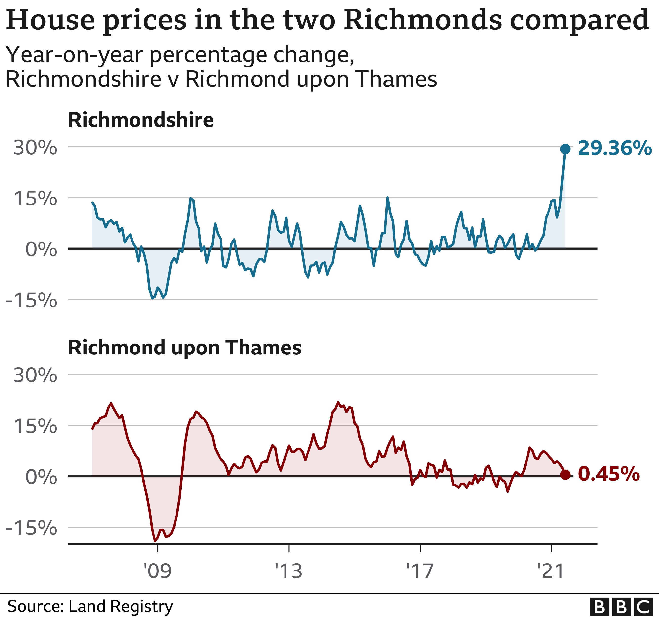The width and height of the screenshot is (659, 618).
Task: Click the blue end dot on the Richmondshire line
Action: point(565,149)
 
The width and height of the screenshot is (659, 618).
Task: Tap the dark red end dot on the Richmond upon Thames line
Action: point(565,475)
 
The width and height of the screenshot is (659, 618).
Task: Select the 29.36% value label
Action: point(615,148)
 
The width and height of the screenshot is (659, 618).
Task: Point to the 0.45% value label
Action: point(609,474)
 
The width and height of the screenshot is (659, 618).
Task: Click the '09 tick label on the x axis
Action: point(157,571)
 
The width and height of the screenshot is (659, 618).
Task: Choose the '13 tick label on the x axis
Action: point(289,571)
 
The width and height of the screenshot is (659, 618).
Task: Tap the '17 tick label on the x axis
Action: point(420,571)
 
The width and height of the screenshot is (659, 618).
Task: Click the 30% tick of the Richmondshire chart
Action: point(35,148)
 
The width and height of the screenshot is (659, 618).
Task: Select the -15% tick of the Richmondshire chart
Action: point(31,300)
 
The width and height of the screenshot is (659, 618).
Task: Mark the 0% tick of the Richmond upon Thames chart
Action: point(41,477)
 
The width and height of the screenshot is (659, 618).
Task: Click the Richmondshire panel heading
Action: point(141,120)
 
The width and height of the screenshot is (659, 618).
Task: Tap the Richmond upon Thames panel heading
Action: point(185,348)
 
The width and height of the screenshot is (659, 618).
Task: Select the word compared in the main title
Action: point(579,21)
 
